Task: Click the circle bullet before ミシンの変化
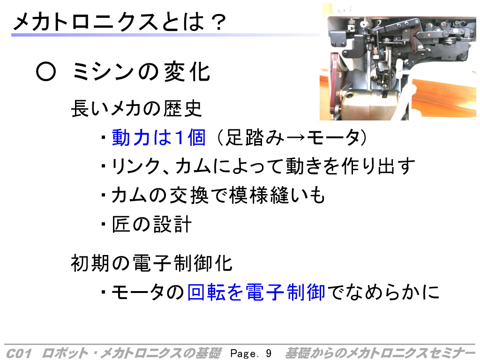pos(46,72)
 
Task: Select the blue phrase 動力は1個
pos(158,137)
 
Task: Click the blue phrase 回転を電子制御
pos(256,292)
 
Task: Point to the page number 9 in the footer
pos(269,353)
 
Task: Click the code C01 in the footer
pos(18,353)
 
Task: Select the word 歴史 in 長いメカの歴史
pos(182,108)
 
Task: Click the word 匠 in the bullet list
pos(121,225)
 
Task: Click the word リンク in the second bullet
pos(136,166)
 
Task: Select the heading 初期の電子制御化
pos(151,263)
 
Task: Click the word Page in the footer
pos(244,353)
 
